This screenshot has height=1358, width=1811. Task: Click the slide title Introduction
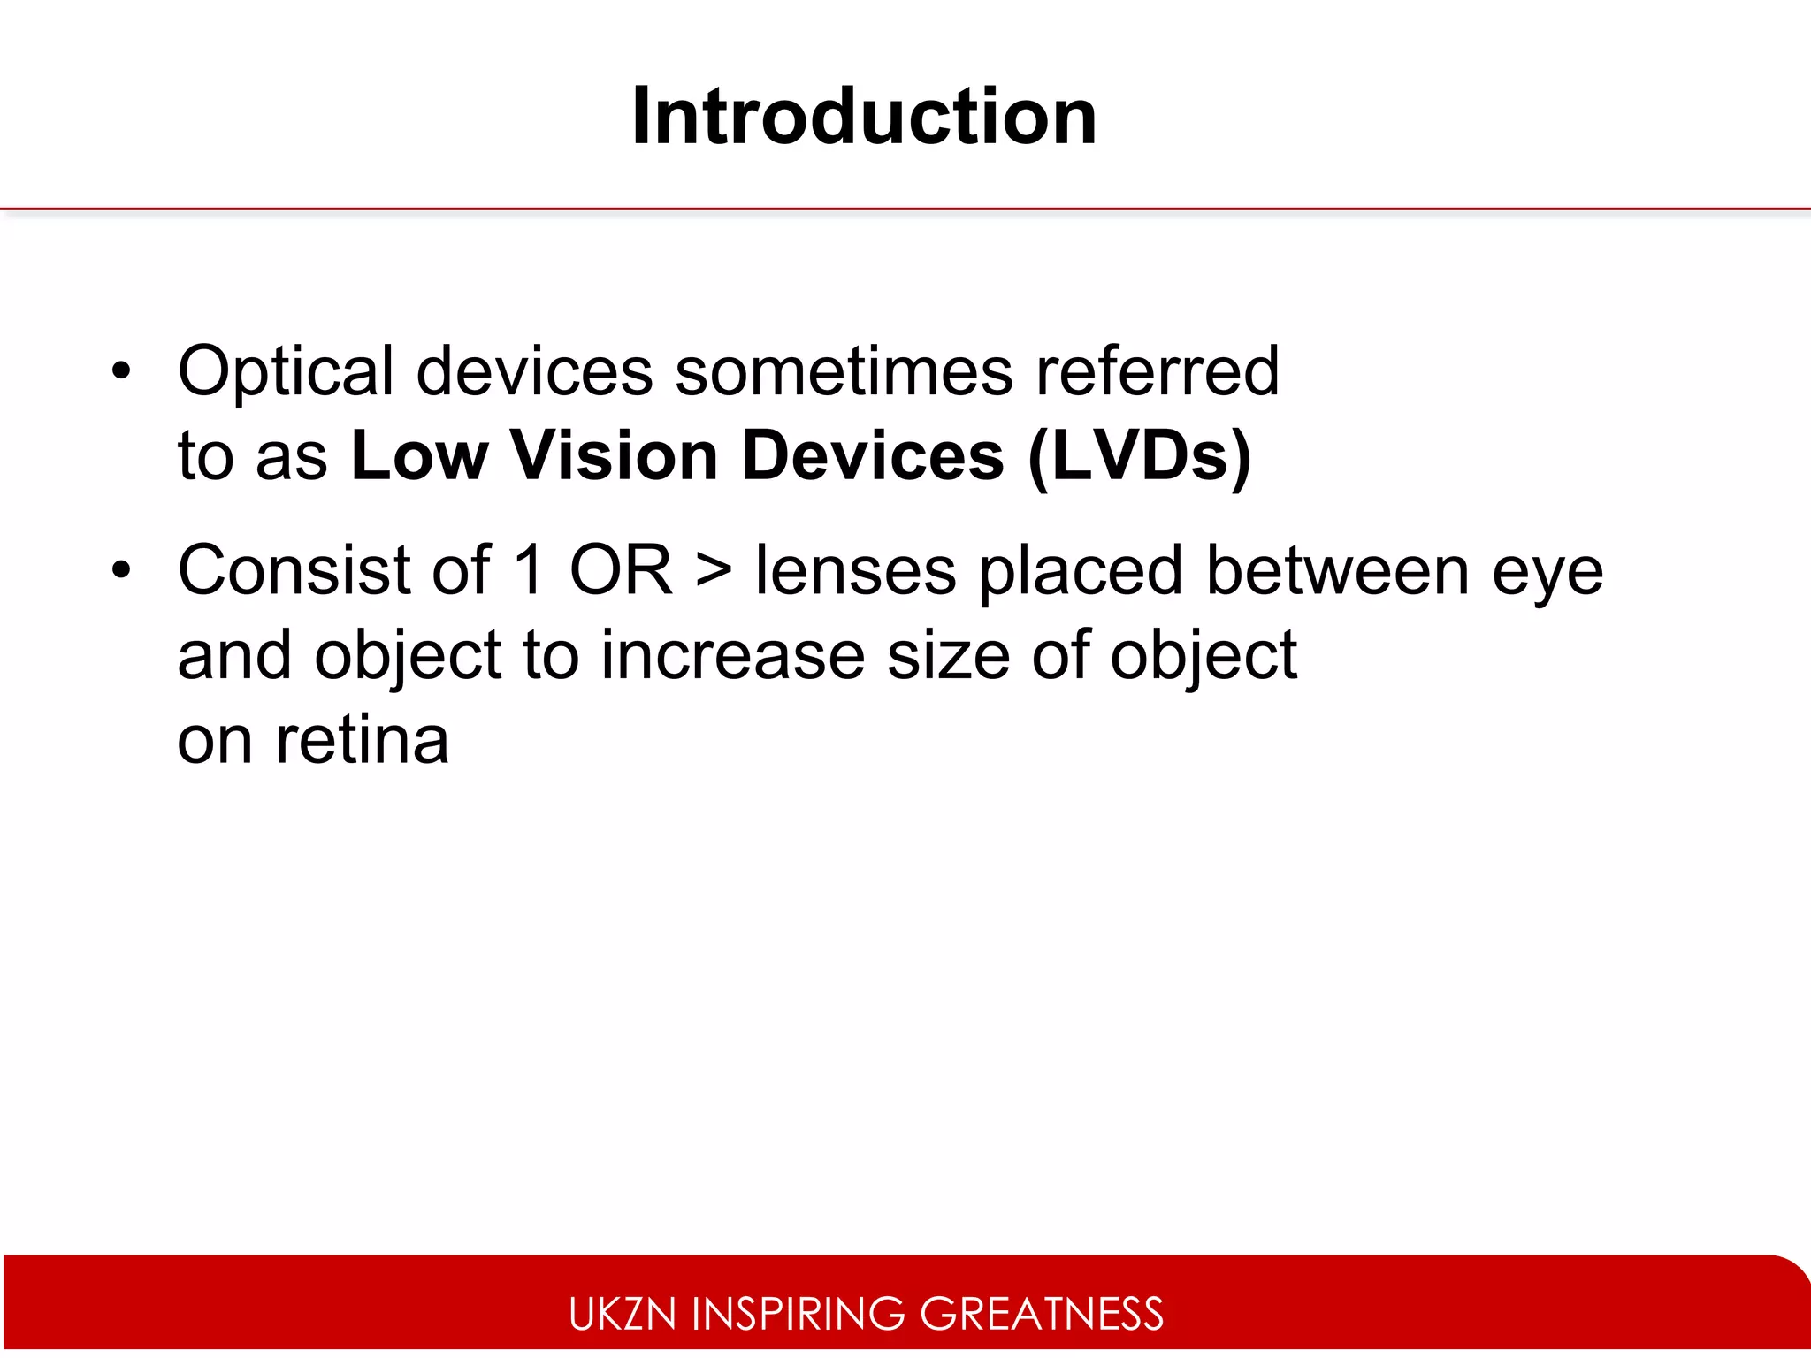tap(864, 117)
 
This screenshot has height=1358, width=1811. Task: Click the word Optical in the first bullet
tap(286, 371)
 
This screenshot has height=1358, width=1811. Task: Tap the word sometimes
tap(844, 371)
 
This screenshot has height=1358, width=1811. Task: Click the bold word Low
tap(419, 456)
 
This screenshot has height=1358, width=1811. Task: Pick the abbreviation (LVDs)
tap(1140, 456)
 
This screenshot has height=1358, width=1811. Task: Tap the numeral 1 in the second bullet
tap(529, 570)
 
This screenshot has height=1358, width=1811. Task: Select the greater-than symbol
tap(713, 570)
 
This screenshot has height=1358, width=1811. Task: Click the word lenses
tap(855, 570)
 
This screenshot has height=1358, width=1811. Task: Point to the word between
tap(1337, 570)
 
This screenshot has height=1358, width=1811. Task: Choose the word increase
tap(733, 655)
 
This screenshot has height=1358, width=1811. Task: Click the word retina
tap(362, 740)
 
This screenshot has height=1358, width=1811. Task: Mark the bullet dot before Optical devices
tap(121, 371)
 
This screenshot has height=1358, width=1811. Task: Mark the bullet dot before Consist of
tap(121, 570)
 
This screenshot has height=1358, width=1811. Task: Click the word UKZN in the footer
tap(623, 1314)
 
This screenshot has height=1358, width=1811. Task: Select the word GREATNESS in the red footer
tap(1042, 1314)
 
